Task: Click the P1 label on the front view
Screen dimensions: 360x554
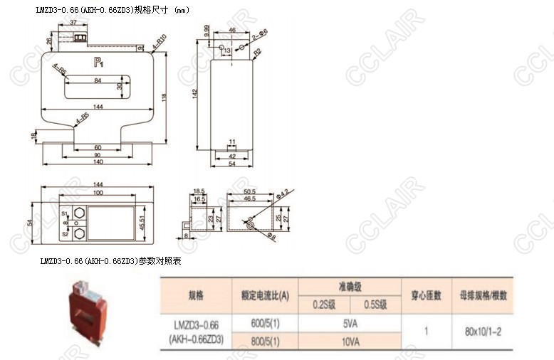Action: (x=98, y=63)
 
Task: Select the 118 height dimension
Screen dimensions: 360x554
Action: (x=163, y=98)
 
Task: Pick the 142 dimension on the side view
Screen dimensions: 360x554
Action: (x=195, y=92)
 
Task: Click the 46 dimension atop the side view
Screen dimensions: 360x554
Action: (x=232, y=30)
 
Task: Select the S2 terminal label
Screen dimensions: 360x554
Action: (x=64, y=233)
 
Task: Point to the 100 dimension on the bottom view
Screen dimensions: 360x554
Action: (x=98, y=193)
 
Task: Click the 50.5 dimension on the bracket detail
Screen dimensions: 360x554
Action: (x=250, y=192)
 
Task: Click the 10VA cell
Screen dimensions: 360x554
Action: (x=350, y=342)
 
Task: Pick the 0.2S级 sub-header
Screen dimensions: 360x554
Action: (x=325, y=305)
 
